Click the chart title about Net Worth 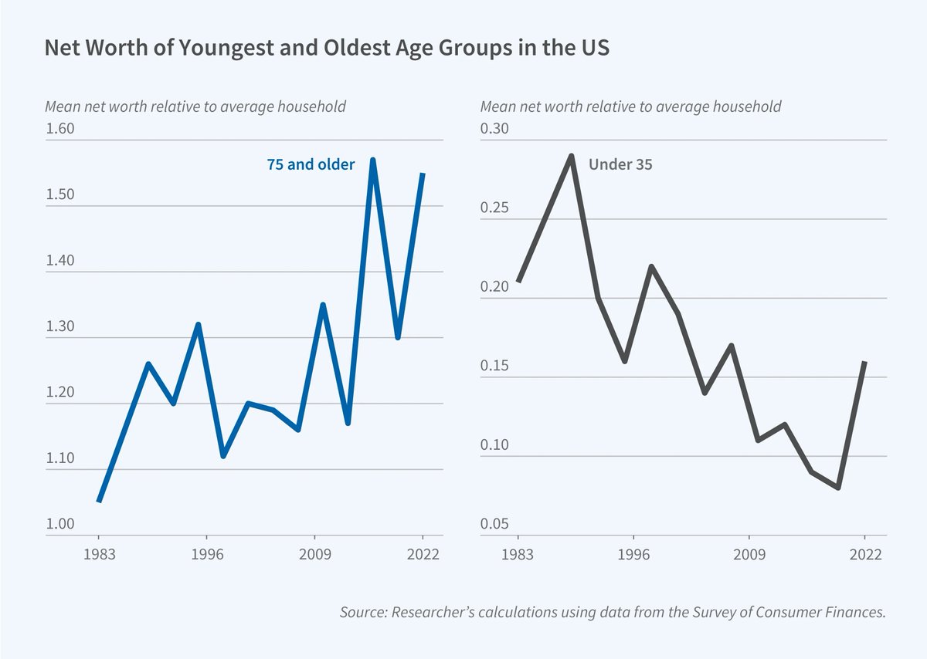click(328, 48)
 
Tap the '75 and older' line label click(311, 164)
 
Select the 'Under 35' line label click(620, 164)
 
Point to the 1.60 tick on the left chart click(59, 129)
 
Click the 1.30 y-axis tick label click(59, 326)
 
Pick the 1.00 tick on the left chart click(59, 524)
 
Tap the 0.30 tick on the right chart click(495, 129)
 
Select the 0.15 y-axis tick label click(495, 366)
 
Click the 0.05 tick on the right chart click(495, 524)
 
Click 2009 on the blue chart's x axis click(314, 554)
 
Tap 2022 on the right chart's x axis click(865, 554)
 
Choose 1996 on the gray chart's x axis click(633, 554)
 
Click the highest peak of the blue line click(372, 160)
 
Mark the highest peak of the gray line click(572, 155)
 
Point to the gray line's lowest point click(838, 488)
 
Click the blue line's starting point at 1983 click(99, 502)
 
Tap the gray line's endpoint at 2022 click(865, 361)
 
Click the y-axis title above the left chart click(195, 106)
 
